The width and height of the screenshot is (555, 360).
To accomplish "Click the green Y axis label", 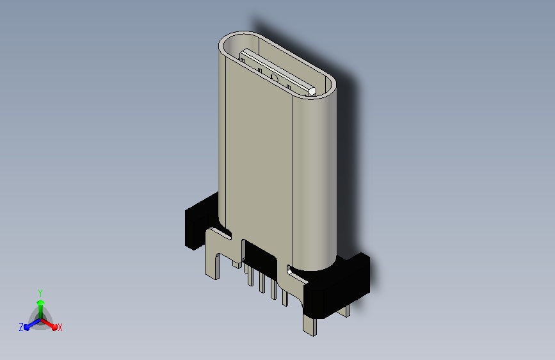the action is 40,293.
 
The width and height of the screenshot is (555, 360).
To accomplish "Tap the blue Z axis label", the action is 21,327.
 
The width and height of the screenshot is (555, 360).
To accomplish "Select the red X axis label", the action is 60,327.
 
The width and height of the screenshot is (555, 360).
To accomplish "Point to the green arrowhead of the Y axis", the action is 41,302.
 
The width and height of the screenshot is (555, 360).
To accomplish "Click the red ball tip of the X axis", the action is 54,327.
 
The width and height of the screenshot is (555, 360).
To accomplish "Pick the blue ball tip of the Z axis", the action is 27,327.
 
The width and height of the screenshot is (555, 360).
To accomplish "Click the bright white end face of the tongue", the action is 312,92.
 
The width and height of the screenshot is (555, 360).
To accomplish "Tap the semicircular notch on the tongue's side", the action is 275,76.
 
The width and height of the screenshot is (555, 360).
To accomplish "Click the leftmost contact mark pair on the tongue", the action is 242,60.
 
